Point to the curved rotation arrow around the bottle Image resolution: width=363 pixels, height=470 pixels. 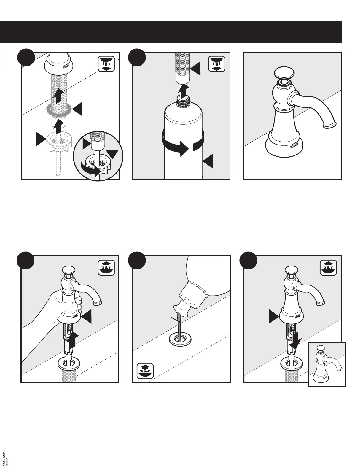click(x=177, y=146)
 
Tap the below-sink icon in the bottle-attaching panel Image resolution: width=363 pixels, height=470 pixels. click(x=217, y=64)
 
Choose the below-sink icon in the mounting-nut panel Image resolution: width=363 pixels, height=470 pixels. click(x=106, y=64)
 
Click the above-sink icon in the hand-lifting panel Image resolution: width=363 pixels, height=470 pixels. click(x=106, y=267)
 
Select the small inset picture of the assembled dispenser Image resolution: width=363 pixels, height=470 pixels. click(x=327, y=365)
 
